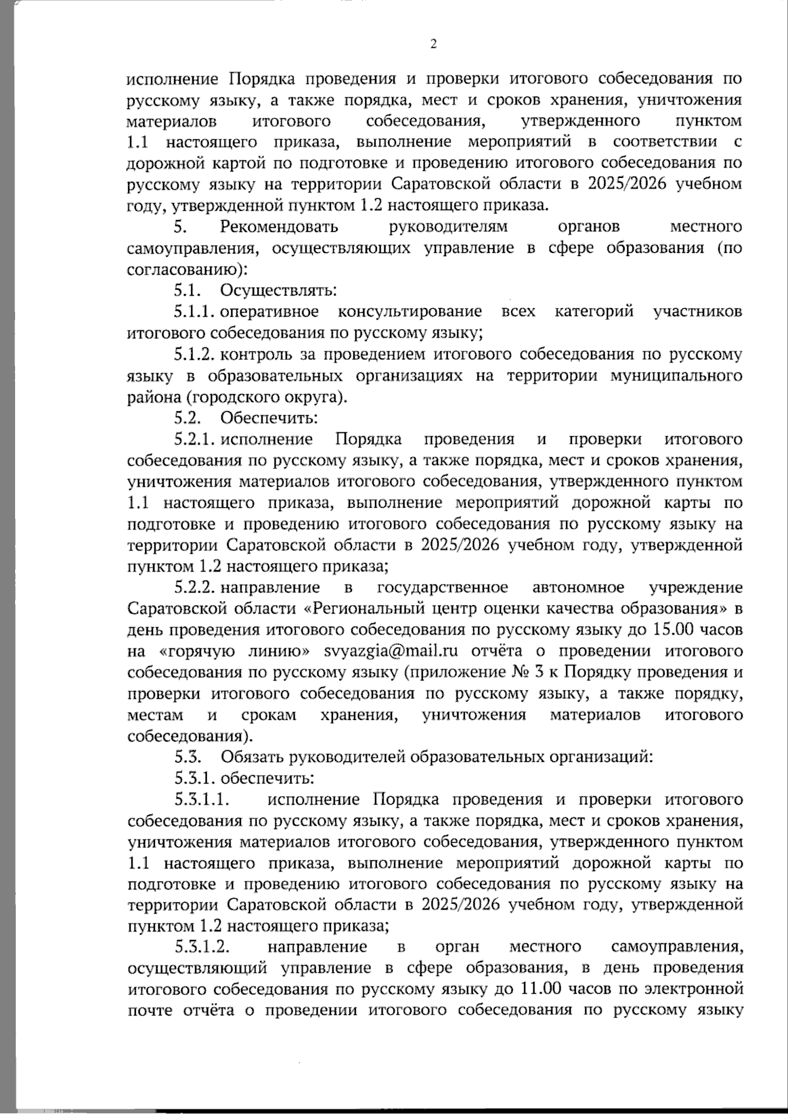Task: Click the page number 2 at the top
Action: click(432, 44)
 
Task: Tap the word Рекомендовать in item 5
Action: click(280, 227)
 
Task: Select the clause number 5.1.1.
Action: click(196, 311)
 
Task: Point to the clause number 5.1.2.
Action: click(196, 355)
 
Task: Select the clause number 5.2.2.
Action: click(196, 587)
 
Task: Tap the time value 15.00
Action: click(676, 630)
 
